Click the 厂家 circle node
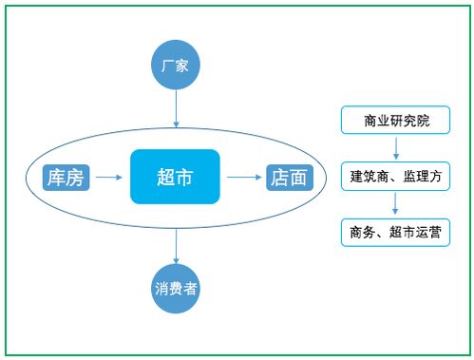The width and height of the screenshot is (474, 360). click(x=176, y=66)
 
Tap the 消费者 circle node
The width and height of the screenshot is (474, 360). click(x=176, y=288)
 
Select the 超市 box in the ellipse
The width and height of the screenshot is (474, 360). click(x=175, y=177)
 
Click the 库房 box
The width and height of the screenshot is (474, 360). click(x=66, y=177)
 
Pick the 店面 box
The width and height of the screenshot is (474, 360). click(x=289, y=177)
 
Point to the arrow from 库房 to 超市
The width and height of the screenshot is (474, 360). click(x=110, y=177)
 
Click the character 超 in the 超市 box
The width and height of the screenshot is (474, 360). click(x=164, y=177)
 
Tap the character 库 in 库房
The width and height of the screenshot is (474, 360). click(x=57, y=177)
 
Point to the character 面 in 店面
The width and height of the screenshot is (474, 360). click(x=298, y=177)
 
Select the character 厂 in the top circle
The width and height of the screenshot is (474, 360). click(x=168, y=66)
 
